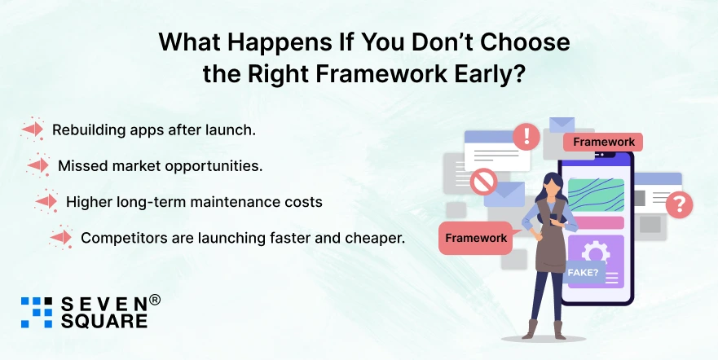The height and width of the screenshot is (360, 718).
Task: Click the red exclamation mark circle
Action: coord(526,135)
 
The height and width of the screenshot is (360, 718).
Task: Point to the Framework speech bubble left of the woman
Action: coord(475,238)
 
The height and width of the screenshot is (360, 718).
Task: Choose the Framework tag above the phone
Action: coord(603,142)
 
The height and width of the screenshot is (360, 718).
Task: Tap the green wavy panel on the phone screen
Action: coord(595,195)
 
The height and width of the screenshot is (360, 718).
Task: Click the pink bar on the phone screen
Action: coord(595,222)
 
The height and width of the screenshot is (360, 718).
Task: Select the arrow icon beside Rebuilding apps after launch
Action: coord(33,129)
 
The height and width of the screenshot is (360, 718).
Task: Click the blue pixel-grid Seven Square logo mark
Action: coord(37,312)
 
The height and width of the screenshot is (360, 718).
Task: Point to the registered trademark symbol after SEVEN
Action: coord(155,300)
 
